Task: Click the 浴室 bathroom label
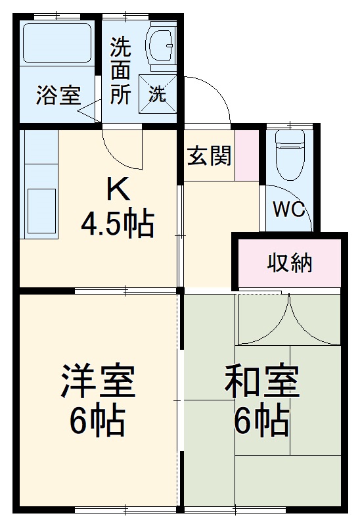point(58,96)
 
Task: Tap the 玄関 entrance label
point(210,156)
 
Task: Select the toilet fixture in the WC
point(289,155)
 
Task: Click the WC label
point(289,210)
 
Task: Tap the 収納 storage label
point(289,263)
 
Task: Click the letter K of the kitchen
point(118,190)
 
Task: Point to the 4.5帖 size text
point(118,224)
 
